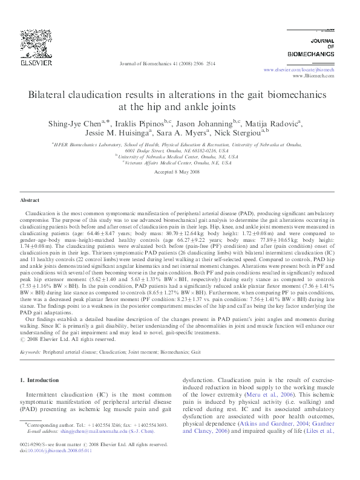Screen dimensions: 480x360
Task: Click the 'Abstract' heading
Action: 30,199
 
